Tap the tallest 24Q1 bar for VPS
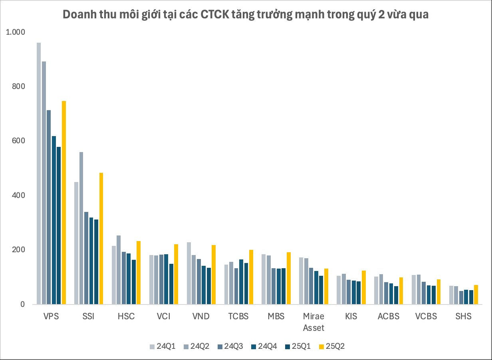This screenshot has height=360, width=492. pos(39,173)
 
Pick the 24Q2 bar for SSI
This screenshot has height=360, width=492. pos(81,228)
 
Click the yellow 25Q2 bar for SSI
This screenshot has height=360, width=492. pos(101,238)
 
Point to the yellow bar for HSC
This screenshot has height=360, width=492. pos(139,273)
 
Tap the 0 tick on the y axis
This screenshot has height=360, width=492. pos(22,305)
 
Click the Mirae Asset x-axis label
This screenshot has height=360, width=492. pos(313,322)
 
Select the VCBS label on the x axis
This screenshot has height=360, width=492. pos(426,317)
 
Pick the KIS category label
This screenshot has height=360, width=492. pos(351,317)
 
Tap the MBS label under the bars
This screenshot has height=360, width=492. pos(276,317)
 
